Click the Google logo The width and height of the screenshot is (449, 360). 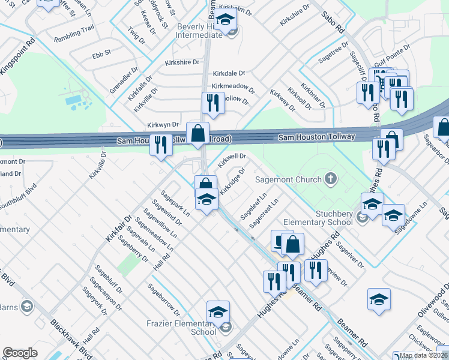(x=20, y=353)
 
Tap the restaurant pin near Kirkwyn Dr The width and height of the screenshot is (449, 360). (x=160, y=145)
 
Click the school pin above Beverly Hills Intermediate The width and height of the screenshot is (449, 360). (x=225, y=20)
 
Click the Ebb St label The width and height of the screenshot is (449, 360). (x=101, y=53)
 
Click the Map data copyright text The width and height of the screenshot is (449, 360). (x=423, y=355)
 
